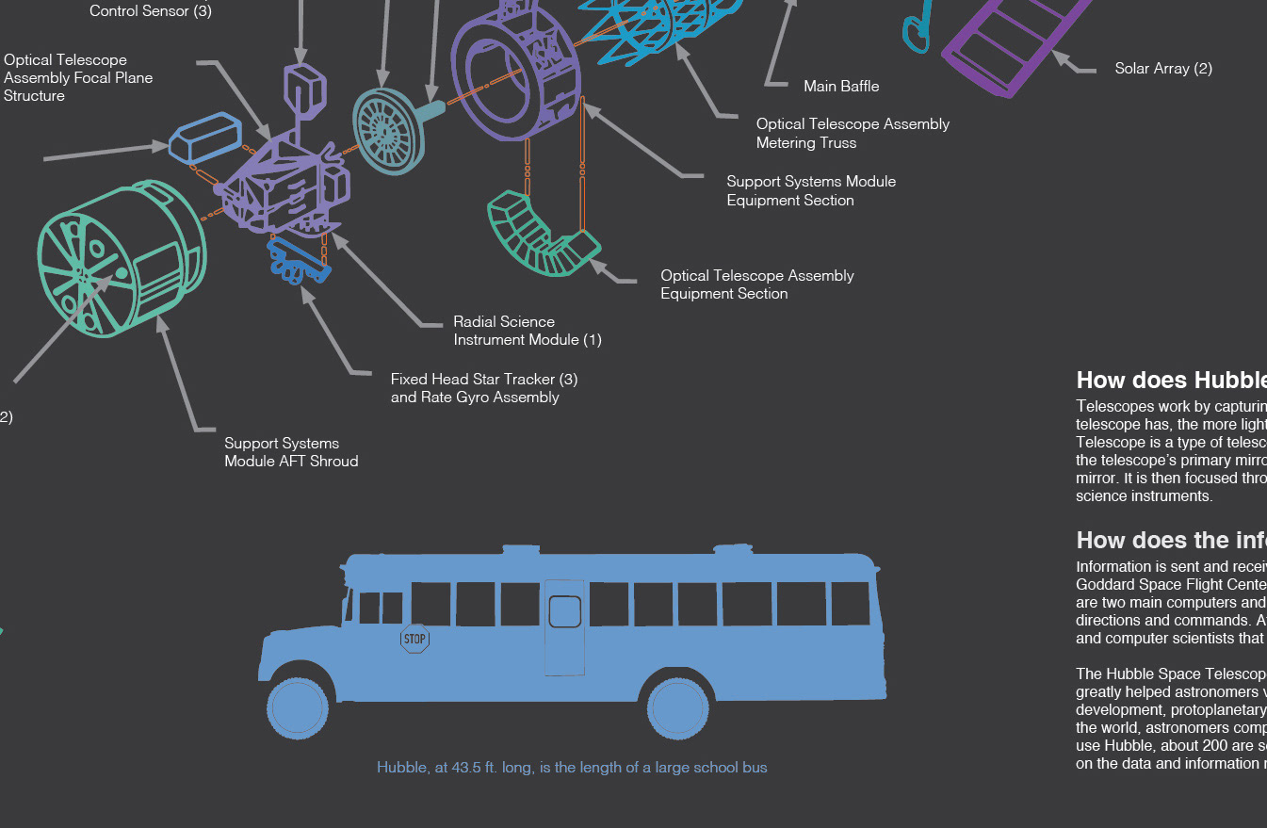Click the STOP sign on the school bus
pos(414,639)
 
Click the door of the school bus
pos(564,626)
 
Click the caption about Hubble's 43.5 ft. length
pos(572,768)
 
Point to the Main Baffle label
pos(841,87)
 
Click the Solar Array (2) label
pos(1163,69)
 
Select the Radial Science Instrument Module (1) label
pos(527,331)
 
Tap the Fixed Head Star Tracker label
pos(484,388)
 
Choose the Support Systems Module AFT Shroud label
pos(291,452)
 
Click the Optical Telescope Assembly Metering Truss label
pos(853,134)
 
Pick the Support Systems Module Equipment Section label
pos(811,191)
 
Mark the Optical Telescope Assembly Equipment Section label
pos(756,284)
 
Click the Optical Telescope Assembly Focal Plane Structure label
pos(78,78)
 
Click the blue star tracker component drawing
pos(300,261)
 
